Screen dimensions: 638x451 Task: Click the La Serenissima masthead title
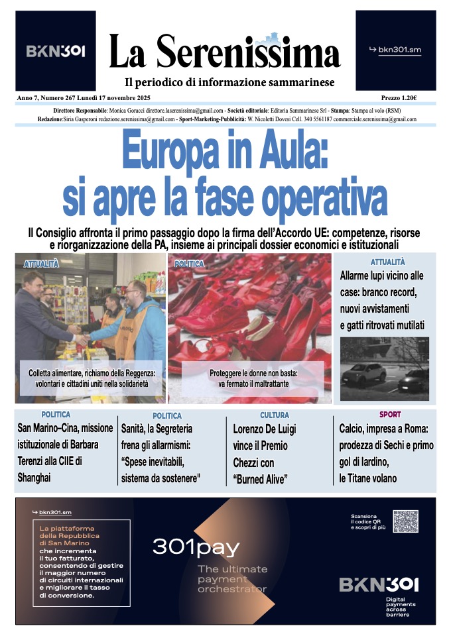pos(224,52)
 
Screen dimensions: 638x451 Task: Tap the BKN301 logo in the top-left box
pos(56,50)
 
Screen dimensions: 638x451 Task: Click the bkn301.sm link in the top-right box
pos(395,50)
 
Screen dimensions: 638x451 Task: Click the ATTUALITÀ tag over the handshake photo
pos(41,264)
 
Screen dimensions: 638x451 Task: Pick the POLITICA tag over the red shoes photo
pos(189,264)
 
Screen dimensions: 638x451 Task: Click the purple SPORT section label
pos(390,415)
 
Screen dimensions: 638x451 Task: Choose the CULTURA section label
pos(274,415)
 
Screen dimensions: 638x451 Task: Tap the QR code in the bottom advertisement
pos(406,521)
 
